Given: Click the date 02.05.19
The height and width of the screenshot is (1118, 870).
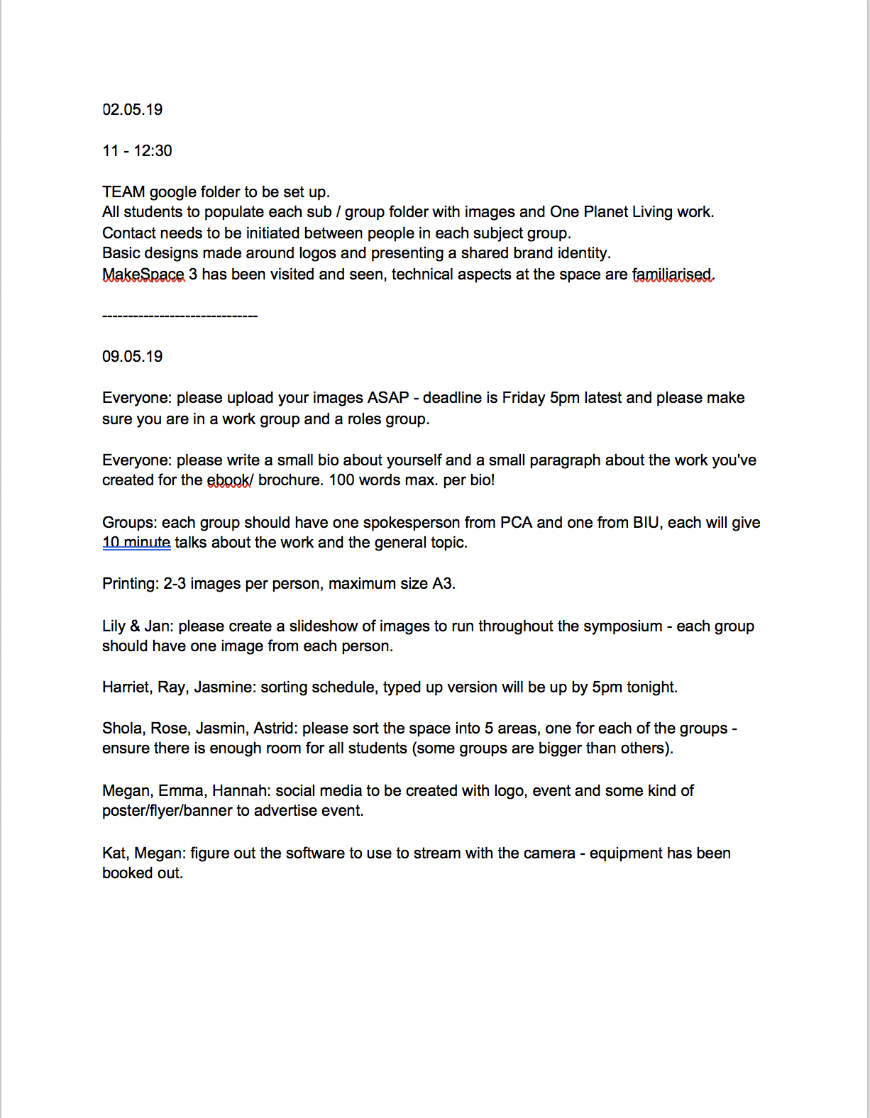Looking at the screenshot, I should (x=132, y=109).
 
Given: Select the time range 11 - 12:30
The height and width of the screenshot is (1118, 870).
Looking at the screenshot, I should (x=137, y=150).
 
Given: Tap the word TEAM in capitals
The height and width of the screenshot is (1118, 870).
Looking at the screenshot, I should (x=123, y=192).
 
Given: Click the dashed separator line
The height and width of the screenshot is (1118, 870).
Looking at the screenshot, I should (x=180, y=315).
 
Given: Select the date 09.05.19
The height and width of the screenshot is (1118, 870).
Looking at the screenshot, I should (x=132, y=356).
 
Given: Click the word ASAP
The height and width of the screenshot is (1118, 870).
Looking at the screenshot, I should (x=387, y=397).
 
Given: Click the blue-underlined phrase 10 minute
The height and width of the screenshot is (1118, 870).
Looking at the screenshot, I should (x=136, y=543).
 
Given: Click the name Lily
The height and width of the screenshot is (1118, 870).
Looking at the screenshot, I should (x=114, y=626).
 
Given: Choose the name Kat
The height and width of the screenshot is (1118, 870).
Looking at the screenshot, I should (x=114, y=853).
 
